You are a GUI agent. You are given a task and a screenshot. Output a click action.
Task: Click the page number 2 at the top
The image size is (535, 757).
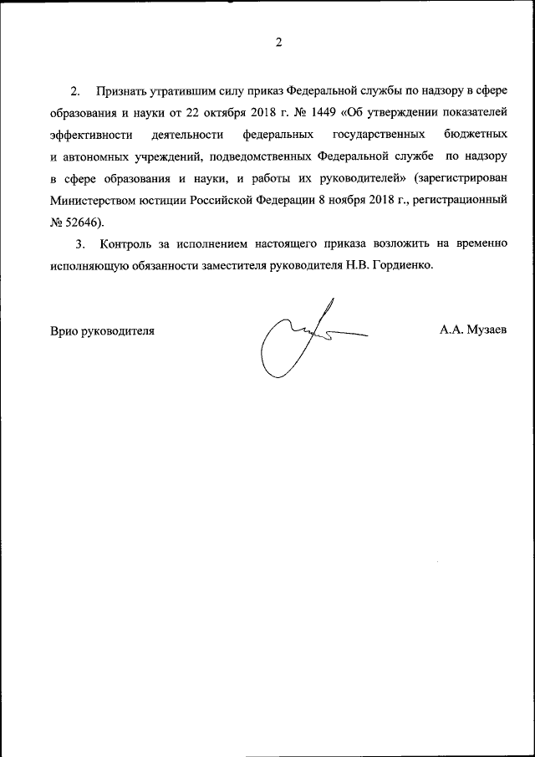pyautogui.click(x=278, y=43)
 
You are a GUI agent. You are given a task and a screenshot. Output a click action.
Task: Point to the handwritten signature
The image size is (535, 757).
pyautogui.click(x=301, y=339)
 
